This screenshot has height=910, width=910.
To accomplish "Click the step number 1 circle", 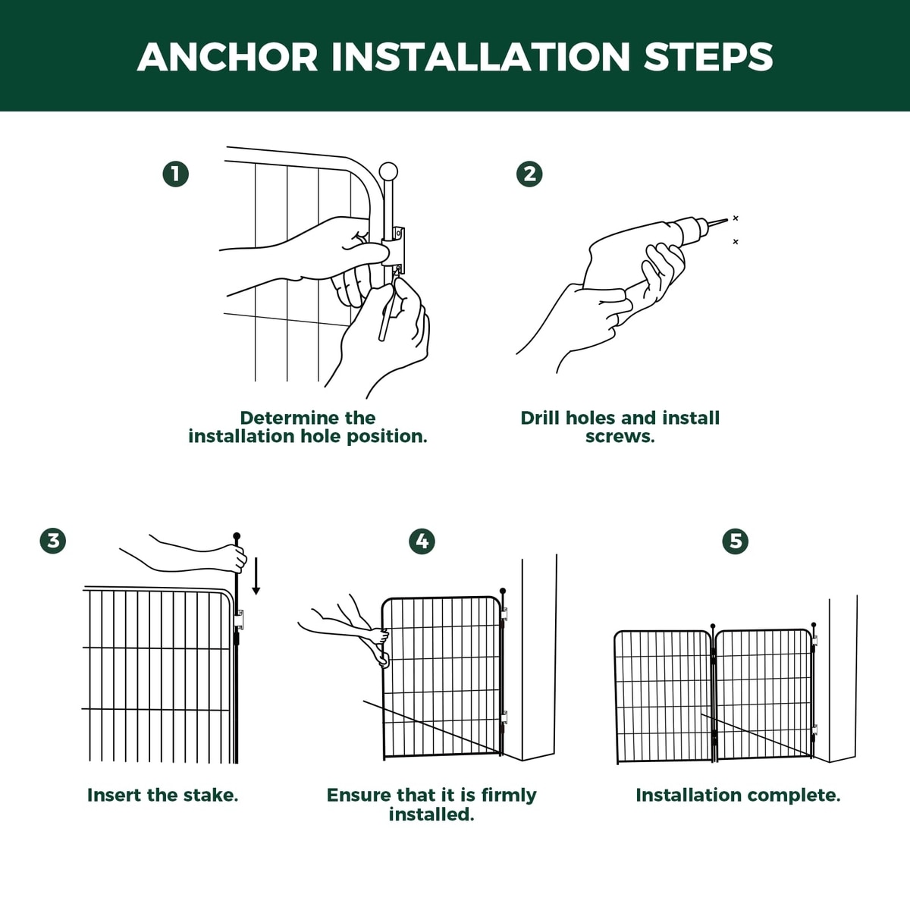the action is (176, 174).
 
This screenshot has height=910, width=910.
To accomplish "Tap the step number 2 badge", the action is (529, 174).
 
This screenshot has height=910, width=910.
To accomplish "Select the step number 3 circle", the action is (53, 541).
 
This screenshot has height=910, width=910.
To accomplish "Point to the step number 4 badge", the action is (422, 541).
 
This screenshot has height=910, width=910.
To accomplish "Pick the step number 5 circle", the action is (736, 541).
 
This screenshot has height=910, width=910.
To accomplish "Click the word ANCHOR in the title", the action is (227, 57).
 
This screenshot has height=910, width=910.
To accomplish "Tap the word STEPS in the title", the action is (708, 57).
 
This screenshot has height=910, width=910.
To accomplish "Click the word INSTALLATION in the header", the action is (481, 57).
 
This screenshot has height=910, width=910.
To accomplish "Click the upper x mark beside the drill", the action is (736, 218).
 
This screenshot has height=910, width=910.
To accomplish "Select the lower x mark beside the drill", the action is (736, 242).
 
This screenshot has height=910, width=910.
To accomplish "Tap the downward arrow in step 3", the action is (256, 576).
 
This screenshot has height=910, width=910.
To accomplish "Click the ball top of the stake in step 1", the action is (389, 171).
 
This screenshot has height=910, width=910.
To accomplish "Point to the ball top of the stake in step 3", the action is (237, 536).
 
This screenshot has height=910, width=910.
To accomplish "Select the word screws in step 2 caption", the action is (620, 436).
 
